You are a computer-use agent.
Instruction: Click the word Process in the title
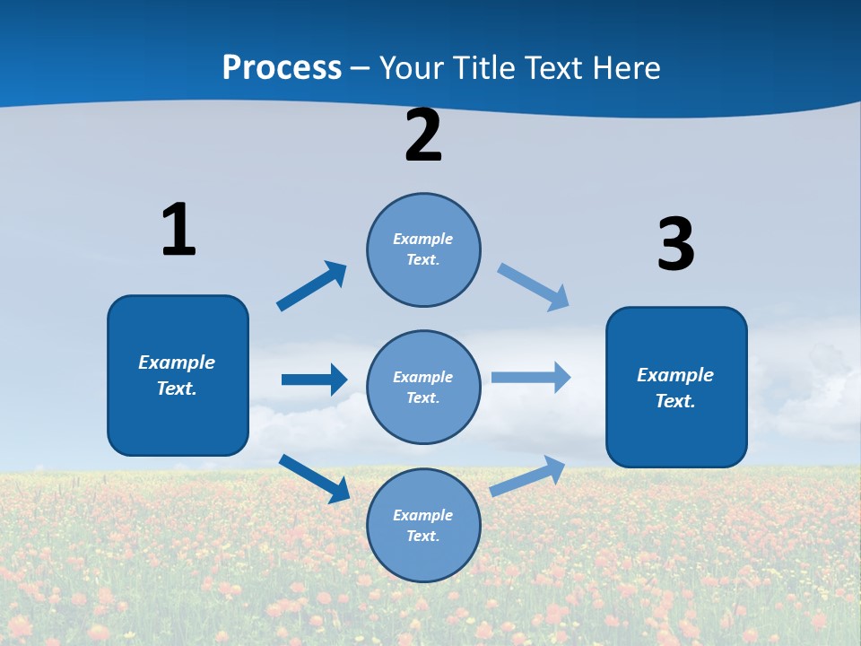pyautogui.click(x=282, y=68)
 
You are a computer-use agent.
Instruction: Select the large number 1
pyautogui.click(x=178, y=230)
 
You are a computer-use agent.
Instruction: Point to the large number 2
pyautogui.click(x=423, y=135)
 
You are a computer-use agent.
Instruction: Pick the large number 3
pyautogui.click(x=675, y=245)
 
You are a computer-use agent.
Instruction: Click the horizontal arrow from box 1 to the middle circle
pyautogui.click(x=314, y=380)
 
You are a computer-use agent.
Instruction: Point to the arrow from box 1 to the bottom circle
pyautogui.click(x=314, y=478)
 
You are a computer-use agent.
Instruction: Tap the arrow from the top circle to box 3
pyautogui.click(x=533, y=287)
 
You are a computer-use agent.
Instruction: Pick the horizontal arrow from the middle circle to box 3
pyautogui.click(x=531, y=378)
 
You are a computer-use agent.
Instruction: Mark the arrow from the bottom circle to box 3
pyautogui.click(x=528, y=476)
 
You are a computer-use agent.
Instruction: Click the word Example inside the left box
pyautogui.click(x=177, y=362)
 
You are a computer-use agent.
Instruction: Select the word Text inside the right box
pyautogui.click(x=674, y=401)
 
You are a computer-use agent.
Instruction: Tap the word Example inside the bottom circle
pyautogui.click(x=423, y=515)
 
